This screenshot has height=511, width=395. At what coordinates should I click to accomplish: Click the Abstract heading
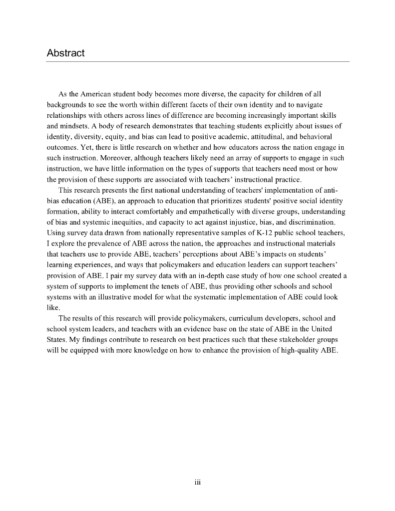tap(65, 53)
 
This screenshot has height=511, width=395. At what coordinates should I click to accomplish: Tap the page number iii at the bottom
tap(197, 482)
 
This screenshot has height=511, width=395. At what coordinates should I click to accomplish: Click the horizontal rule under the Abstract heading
tap(197, 62)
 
